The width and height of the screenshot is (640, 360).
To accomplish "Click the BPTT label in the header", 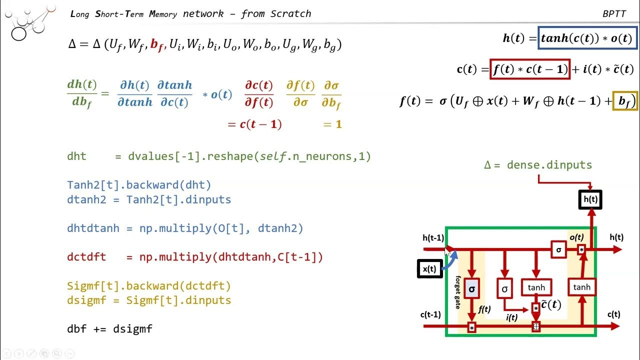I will coord(614,14).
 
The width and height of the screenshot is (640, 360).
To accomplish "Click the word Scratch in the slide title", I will coord(290,13).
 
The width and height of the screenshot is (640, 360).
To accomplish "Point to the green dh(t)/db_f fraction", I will coord(82,94).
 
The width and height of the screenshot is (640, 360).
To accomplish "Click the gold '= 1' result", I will coord(332,124).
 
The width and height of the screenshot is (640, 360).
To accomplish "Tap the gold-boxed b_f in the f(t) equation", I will coord(624,101).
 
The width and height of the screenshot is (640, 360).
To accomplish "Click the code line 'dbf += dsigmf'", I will coord(109,329).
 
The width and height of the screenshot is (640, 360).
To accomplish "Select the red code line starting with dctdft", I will coord(195,257).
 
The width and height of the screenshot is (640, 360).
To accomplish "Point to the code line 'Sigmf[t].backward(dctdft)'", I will coord(149,286).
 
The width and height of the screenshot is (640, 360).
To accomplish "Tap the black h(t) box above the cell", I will coord(590,199).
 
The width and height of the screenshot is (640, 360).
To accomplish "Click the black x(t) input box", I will coord(429,269).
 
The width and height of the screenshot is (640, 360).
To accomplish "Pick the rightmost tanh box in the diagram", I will coord(581,287).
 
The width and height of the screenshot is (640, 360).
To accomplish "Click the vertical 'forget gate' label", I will coord(458,292).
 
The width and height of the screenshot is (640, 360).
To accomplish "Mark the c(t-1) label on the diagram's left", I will coord(430,314).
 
